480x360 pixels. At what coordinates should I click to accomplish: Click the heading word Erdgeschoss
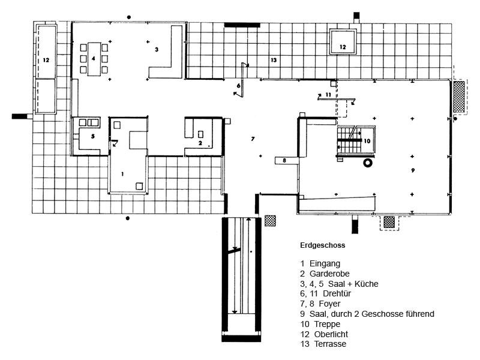pos(323,245)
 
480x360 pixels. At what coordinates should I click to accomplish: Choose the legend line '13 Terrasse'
pos(323,344)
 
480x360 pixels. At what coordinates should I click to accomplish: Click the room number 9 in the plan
pos(413,170)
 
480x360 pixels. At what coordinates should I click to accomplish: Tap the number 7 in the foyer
pos(253,139)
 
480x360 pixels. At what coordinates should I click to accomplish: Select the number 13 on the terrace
pos(273,60)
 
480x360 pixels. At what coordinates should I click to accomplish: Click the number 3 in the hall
pos(156,49)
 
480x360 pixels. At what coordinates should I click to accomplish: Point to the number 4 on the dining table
pos(94,59)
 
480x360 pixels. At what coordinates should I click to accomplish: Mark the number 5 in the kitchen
pos(93,137)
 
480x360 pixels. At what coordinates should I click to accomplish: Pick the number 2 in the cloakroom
pos(200,143)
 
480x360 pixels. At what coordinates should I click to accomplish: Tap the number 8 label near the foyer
pos(284,160)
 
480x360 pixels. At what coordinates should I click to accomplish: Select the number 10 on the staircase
pos(367,141)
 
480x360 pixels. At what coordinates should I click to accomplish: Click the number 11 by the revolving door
pos(328,95)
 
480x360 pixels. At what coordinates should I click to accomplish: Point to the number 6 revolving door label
pos(238,86)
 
